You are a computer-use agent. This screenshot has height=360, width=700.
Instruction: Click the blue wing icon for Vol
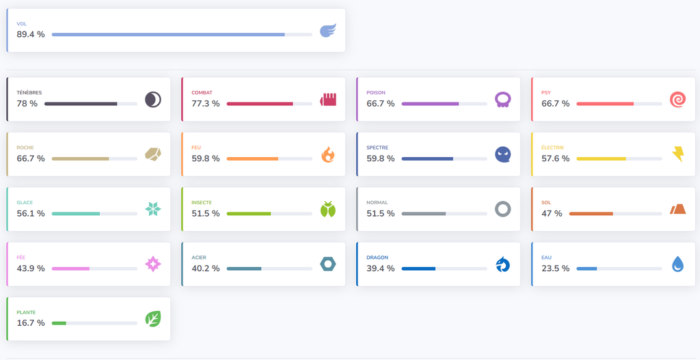tap(328, 30)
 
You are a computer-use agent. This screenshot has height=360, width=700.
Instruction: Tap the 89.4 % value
tap(31, 34)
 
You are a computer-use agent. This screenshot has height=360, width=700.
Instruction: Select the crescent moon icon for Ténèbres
tap(153, 100)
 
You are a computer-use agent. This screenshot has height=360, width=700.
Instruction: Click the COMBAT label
tap(202, 93)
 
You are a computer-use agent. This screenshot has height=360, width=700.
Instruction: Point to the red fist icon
tap(328, 100)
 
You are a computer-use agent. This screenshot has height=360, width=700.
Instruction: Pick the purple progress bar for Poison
tap(431, 104)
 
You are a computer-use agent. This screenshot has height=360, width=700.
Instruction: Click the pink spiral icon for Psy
tap(677, 100)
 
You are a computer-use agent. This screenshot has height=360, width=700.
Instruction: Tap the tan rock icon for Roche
tap(153, 154)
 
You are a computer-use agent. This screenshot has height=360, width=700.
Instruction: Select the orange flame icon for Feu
tap(328, 154)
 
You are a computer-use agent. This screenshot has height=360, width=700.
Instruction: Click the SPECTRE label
tap(377, 148)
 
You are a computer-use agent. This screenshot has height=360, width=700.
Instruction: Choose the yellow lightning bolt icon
tap(677, 154)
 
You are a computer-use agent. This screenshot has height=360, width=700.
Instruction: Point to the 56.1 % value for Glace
tap(31, 214)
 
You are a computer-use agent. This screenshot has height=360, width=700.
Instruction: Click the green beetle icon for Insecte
tap(328, 209)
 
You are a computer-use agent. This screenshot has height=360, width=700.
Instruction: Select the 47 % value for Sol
tap(552, 214)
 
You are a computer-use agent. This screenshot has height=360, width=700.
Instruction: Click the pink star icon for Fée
tap(153, 264)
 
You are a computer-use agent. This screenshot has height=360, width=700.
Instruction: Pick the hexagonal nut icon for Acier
tap(328, 264)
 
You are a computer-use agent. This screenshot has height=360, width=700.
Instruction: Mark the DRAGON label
tap(377, 258)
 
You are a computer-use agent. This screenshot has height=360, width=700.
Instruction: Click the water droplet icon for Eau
tap(677, 264)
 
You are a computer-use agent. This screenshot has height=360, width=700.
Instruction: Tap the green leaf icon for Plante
tap(153, 319)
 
